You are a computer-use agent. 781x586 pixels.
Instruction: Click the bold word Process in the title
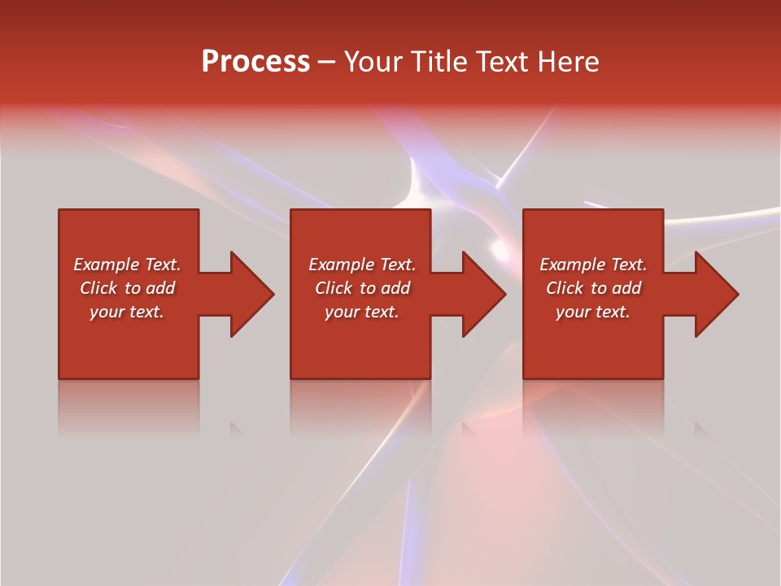click(x=255, y=62)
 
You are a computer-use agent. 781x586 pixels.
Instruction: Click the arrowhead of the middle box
click(x=483, y=294)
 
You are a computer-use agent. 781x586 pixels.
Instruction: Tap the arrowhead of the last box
click(x=716, y=294)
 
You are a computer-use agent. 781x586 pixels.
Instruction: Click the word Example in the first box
click(x=107, y=265)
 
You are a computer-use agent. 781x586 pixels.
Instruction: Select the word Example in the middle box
click(x=342, y=265)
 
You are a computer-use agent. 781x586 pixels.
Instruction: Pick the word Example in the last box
click(x=573, y=265)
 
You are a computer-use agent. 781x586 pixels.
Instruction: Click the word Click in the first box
click(x=99, y=288)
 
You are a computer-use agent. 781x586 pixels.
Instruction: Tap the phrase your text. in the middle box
click(x=361, y=312)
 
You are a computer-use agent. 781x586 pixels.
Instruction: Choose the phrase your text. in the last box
click(x=592, y=312)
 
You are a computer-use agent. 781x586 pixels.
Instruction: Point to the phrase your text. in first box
click(x=126, y=312)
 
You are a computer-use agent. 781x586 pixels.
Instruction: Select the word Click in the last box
click(x=565, y=288)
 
